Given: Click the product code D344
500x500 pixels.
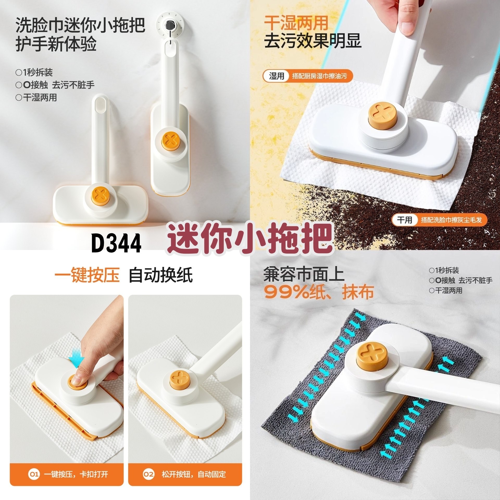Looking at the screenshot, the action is (x=116, y=243).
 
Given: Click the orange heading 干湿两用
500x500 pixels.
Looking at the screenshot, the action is (x=296, y=23).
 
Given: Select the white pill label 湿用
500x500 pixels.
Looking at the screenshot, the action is (x=276, y=76).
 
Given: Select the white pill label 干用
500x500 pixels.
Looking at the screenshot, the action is (x=404, y=220).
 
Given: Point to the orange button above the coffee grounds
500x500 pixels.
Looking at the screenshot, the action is (x=383, y=114).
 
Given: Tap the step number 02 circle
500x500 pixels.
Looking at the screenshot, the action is (x=149, y=474).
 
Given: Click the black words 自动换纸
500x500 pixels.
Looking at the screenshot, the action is (x=161, y=275).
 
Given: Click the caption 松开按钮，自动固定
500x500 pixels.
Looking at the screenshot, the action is (x=193, y=474).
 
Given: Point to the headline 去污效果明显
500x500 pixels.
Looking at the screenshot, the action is (x=312, y=41).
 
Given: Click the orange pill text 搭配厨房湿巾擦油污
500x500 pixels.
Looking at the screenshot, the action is (x=320, y=76).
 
